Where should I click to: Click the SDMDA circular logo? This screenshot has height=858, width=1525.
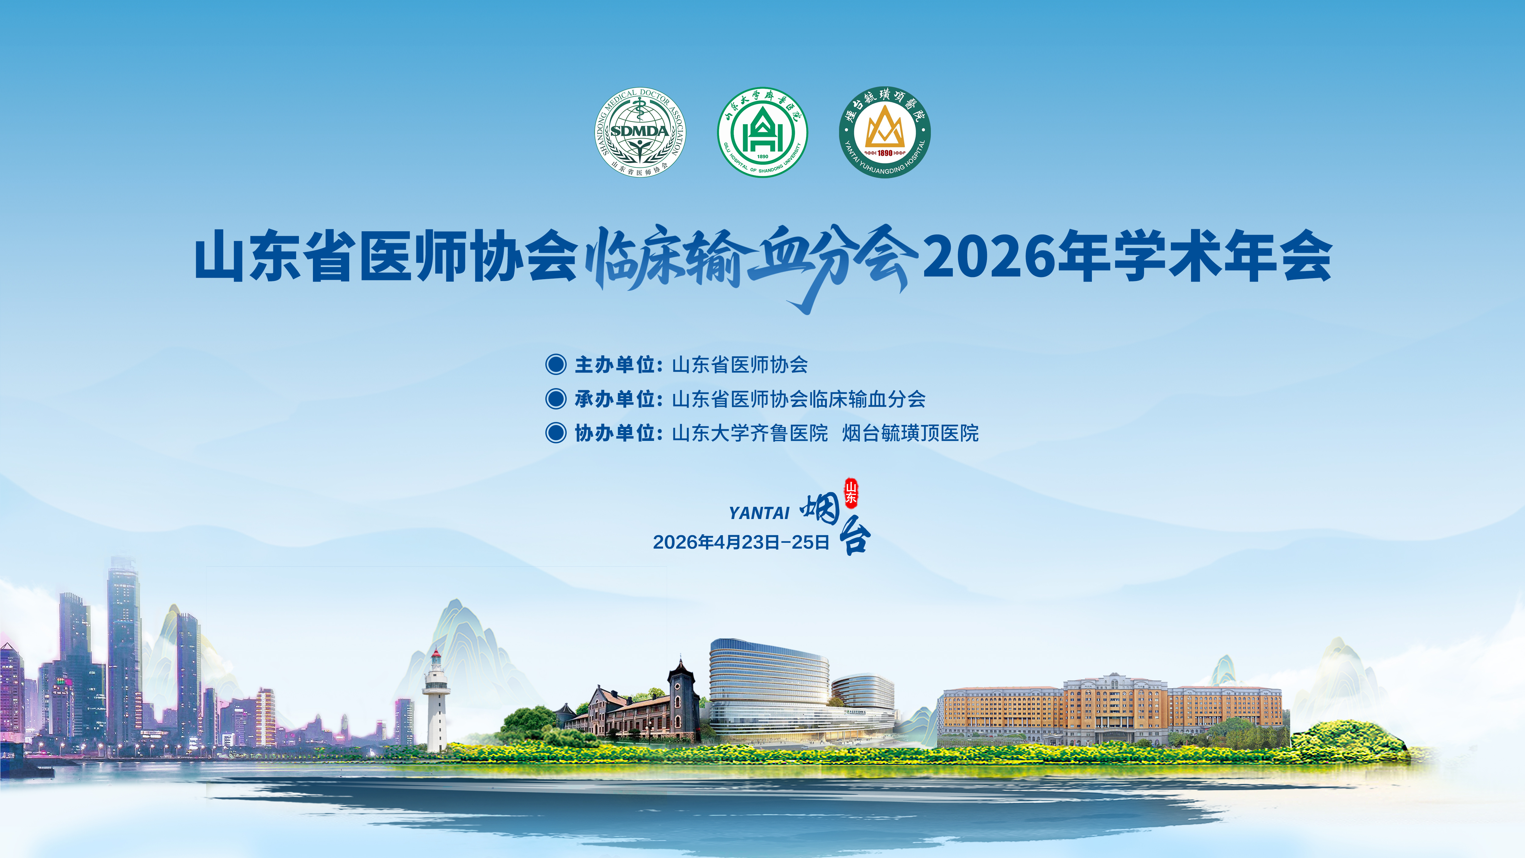[x=640, y=132]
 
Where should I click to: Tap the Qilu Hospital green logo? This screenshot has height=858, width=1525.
[x=762, y=132]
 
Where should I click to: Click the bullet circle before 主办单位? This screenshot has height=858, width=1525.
[x=555, y=364]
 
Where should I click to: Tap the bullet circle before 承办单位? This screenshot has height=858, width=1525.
[x=555, y=398]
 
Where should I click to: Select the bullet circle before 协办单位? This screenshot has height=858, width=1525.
[x=555, y=433]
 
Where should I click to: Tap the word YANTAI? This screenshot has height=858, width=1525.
[x=759, y=513]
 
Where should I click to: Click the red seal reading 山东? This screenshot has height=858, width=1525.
[x=851, y=493]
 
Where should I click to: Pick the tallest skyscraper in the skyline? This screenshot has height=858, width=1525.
[x=123, y=651]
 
